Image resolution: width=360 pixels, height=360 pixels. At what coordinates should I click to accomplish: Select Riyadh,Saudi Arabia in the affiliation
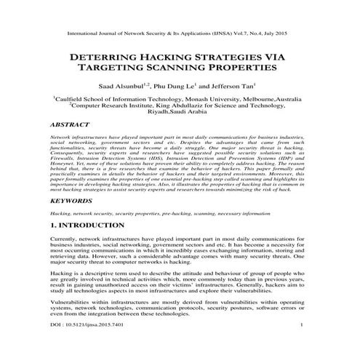click(179, 114)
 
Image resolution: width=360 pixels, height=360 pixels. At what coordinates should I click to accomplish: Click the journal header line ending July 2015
click(180, 33)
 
